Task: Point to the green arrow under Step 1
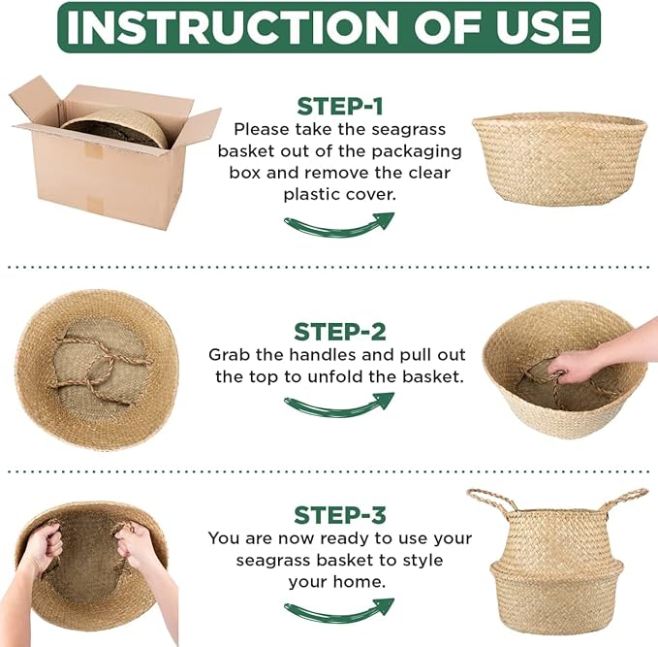(338, 224)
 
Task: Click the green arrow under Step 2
(338, 404)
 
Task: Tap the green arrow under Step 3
(338, 609)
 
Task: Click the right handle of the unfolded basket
(622, 501)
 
